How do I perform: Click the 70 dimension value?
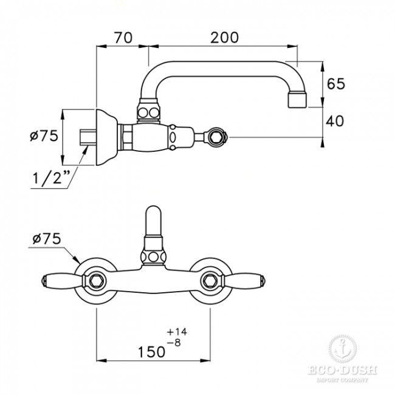tap(123, 38)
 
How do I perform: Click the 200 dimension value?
tap(224, 38)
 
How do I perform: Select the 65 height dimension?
tap(335, 84)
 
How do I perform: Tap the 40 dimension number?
tap(335, 121)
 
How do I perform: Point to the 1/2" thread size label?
tap(51, 177)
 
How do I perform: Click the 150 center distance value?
tap(152, 351)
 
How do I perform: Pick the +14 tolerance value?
tap(177, 332)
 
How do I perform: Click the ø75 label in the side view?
tap(44, 136)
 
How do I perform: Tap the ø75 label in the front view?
tap(47, 238)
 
